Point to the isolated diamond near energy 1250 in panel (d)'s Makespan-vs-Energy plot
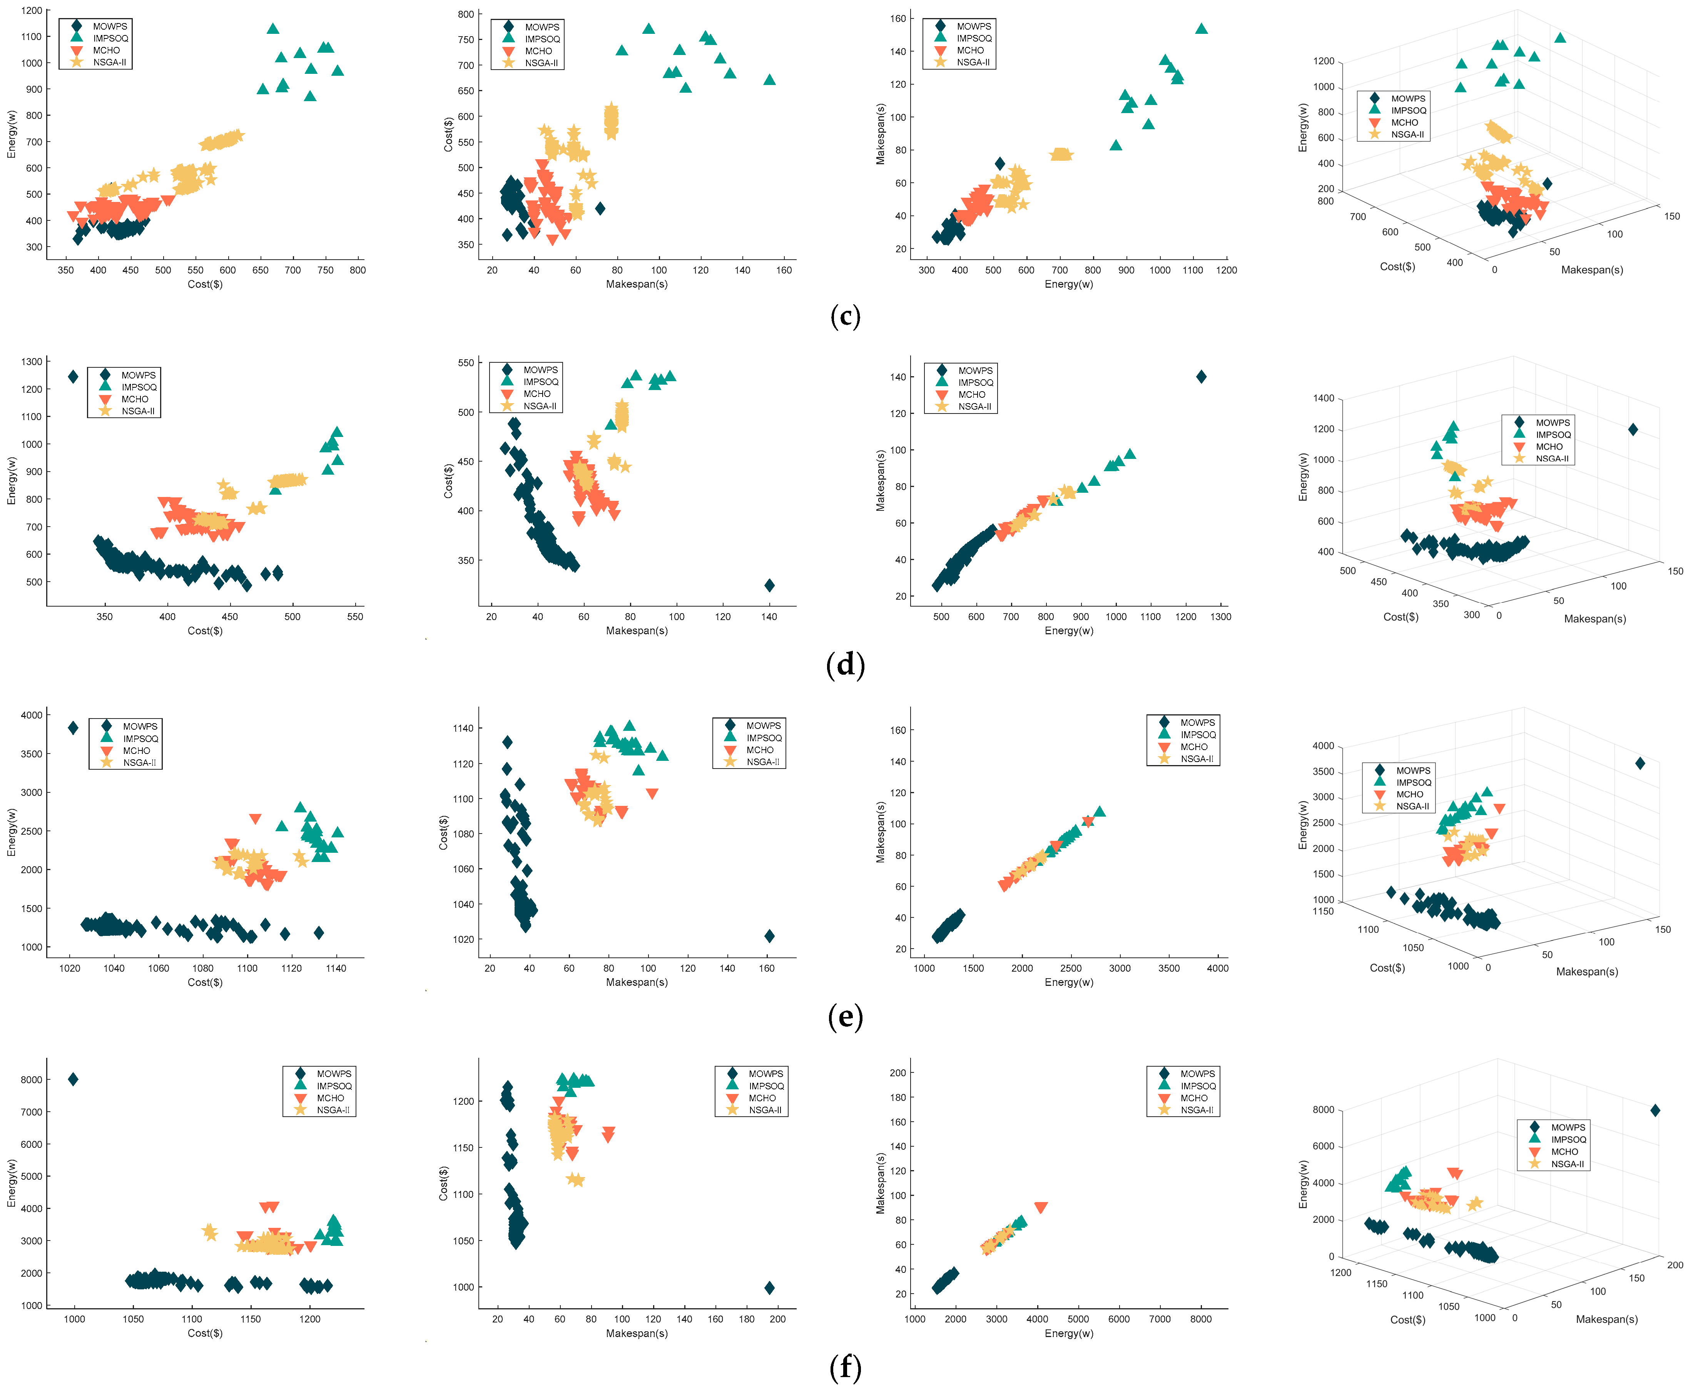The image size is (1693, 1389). click(x=1201, y=377)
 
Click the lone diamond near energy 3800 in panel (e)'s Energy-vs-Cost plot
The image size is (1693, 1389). click(x=73, y=727)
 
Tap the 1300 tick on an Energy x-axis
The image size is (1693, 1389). click(x=1221, y=617)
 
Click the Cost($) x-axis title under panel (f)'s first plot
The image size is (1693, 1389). click(x=205, y=1333)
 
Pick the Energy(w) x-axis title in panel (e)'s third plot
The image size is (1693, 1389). click(x=1069, y=982)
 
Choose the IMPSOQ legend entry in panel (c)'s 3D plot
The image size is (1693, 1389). click(x=1408, y=110)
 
